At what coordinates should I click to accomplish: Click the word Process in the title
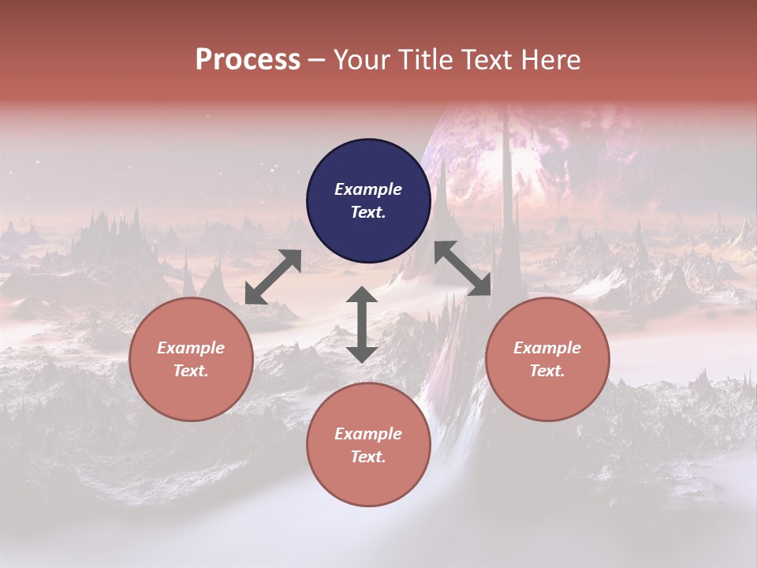[248, 60]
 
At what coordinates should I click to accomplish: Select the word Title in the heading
[427, 60]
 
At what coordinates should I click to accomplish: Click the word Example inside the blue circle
[368, 189]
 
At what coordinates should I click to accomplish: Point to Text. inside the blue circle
[368, 212]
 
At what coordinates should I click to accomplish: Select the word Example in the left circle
[191, 348]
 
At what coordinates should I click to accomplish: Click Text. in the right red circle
[547, 371]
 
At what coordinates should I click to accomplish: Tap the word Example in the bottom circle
[368, 434]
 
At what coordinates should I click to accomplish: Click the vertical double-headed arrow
[362, 325]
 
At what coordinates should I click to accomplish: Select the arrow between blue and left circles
[273, 277]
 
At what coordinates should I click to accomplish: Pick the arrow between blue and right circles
[463, 268]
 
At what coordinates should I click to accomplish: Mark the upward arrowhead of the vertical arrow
[362, 295]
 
